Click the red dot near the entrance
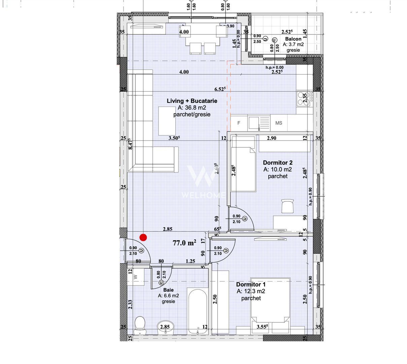[143, 238]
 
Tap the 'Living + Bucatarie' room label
[192, 101]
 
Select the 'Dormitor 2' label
[277, 162]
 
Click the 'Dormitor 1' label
[250, 284]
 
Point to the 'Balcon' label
[293, 39]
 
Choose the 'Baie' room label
[168, 290]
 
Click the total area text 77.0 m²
[184, 243]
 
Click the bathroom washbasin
[165, 327]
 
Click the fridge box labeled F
[239, 123]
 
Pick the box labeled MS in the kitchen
[279, 123]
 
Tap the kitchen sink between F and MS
[259, 123]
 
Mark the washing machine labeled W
[136, 277]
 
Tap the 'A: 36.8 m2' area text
[192, 108]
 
